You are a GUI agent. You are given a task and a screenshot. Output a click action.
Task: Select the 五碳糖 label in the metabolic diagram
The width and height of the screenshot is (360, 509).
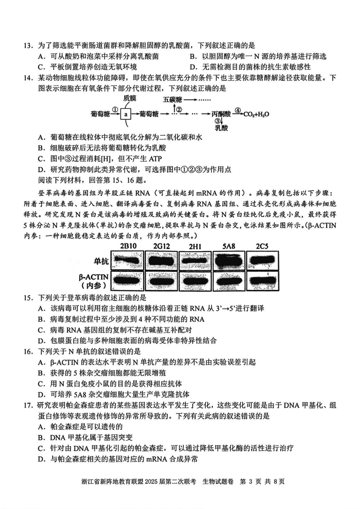(172, 99)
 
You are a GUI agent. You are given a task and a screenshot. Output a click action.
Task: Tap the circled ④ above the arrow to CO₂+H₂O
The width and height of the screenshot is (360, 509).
(237, 109)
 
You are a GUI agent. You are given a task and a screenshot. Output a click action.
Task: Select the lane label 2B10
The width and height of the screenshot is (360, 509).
(129, 245)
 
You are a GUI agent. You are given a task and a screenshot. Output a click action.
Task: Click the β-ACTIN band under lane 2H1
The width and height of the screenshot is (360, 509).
(195, 281)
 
